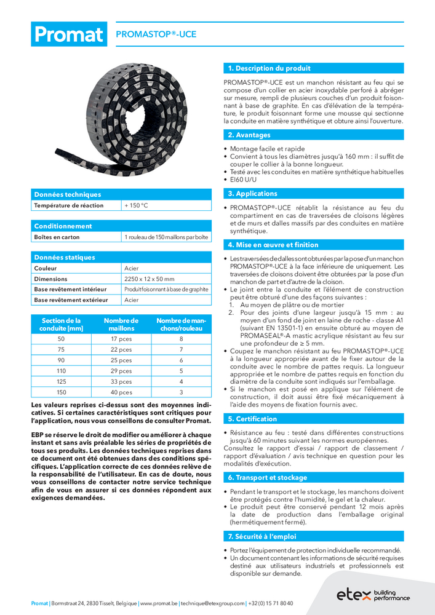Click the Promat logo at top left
[x=68, y=34]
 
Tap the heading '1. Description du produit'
[x=269, y=68]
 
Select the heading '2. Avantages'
[x=249, y=135]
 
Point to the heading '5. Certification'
[x=252, y=419]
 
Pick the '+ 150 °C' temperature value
[x=137, y=205]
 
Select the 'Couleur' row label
[x=46, y=268]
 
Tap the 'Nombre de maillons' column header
[x=121, y=324]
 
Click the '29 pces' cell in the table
[x=121, y=371]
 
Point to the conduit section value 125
[x=61, y=381]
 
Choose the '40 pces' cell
[x=121, y=392]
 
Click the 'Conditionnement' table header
[x=63, y=226]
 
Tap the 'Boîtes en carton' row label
[x=57, y=237]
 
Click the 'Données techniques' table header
[x=67, y=194]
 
